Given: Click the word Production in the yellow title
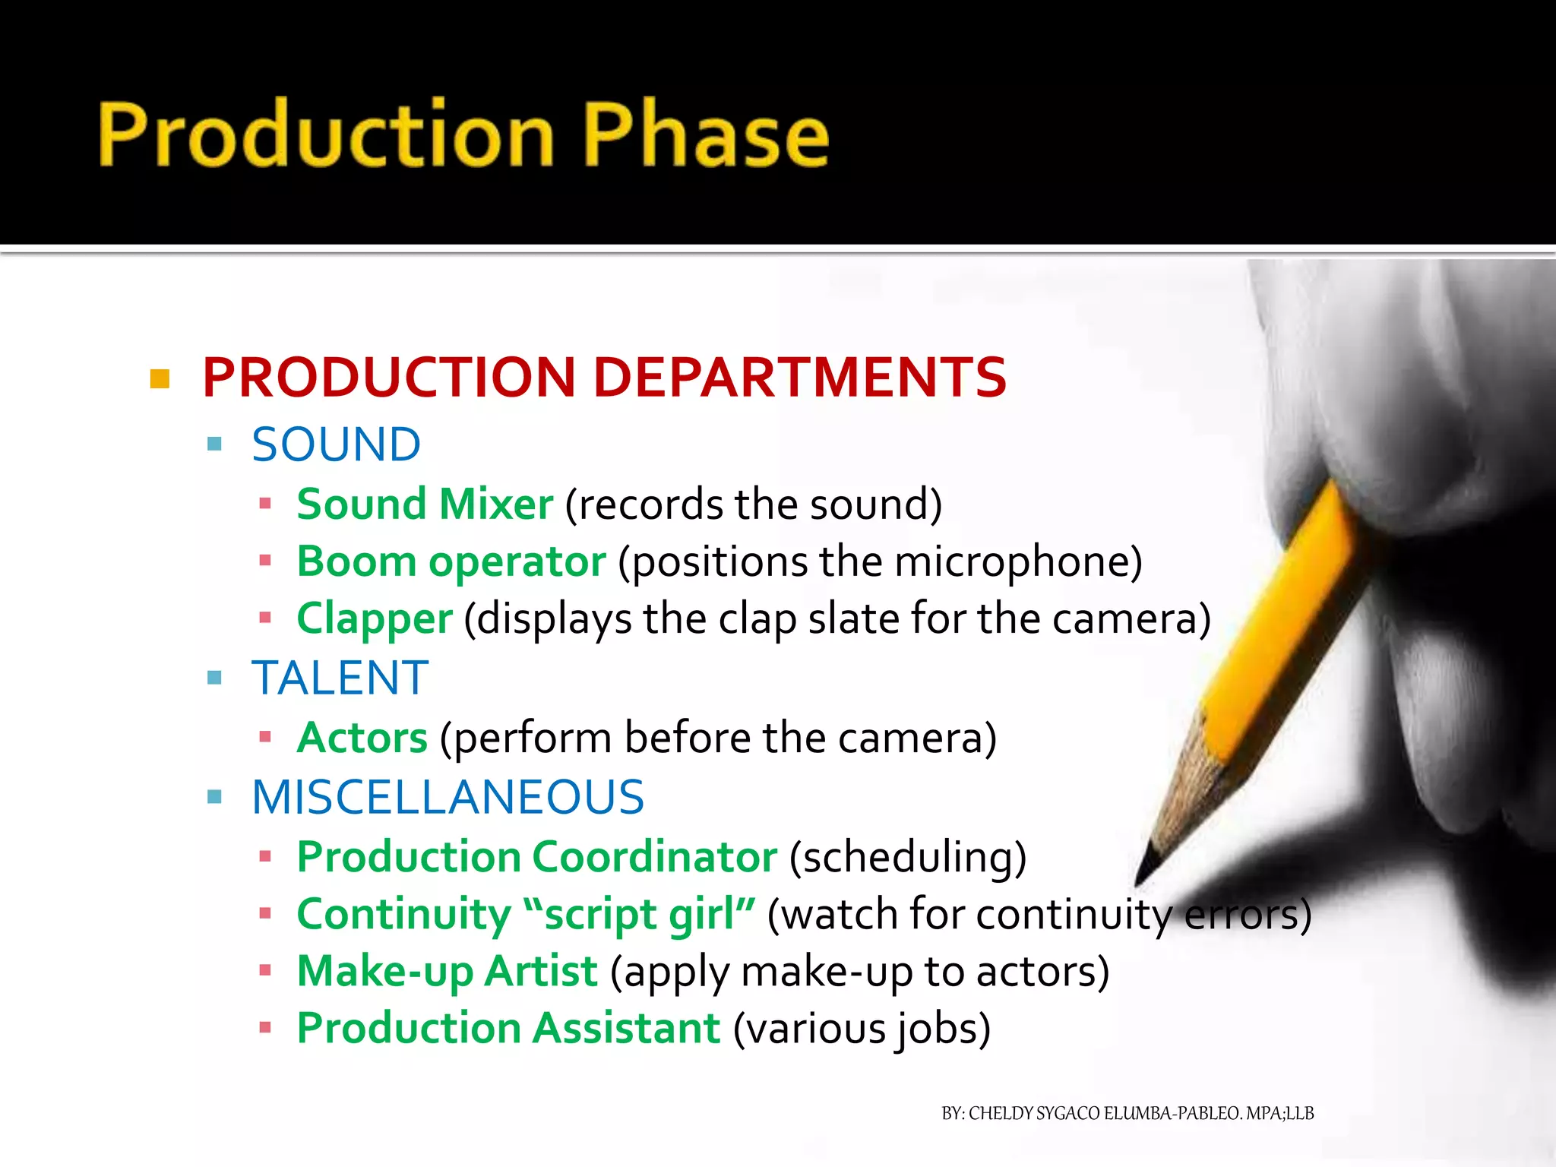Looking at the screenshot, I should (327, 135).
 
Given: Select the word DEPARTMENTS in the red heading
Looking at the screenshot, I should (799, 378).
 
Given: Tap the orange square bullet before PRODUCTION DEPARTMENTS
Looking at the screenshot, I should (160, 378).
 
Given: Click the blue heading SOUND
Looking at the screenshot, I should (336, 444).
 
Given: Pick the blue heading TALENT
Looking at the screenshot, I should (340, 678).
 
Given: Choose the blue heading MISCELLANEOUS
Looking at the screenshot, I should (448, 797).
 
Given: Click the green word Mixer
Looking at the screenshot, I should (496, 504).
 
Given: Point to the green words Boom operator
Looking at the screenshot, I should (451, 562).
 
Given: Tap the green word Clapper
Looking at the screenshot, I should (375, 618).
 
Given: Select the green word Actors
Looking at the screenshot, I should (362, 738).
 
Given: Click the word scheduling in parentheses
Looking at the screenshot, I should (908, 857).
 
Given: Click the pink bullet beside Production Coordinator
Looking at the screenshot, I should (265, 857).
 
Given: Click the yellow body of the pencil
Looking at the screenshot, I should (1284, 608).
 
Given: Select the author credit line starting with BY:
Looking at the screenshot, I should (1127, 1113).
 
